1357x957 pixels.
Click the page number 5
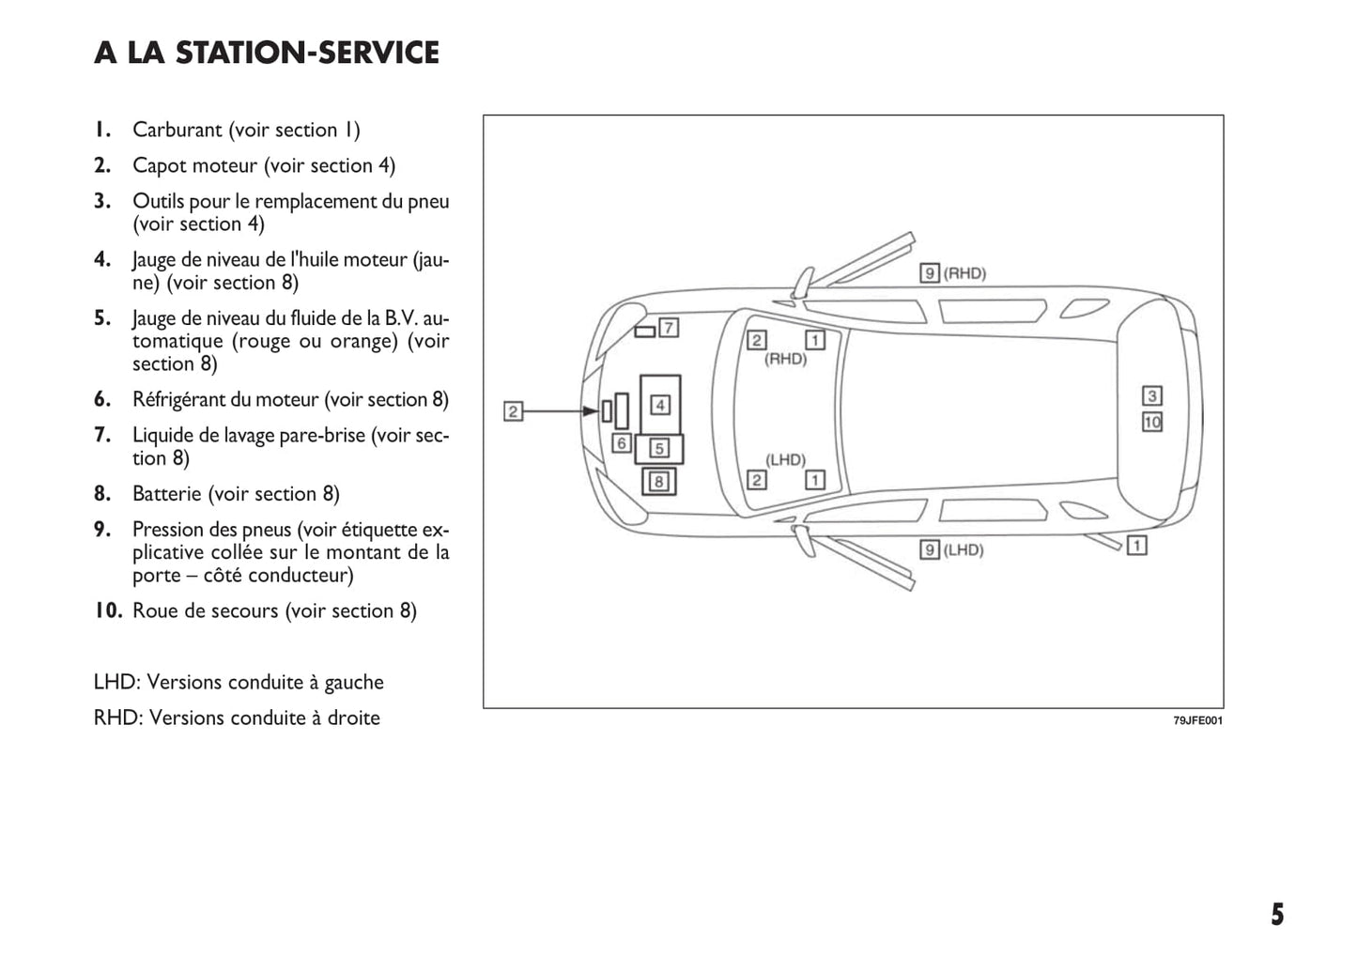pos(1277,915)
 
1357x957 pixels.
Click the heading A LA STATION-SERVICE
pos(267,53)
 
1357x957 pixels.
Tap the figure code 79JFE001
pos(1197,721)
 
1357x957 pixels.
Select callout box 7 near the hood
pos(669,328)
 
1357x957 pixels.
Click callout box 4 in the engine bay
pos(660,405)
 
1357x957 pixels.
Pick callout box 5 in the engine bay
pos(659,449)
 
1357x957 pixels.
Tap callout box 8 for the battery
pos(659,482)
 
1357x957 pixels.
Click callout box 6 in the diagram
pos(621,443)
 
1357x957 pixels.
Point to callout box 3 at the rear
pos(1152,396)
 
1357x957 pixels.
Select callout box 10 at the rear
pos(1152,423)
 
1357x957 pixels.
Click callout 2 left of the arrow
pos(513,411)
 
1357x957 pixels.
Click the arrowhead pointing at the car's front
pos(591,411)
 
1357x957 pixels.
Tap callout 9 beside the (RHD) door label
pos(930,273)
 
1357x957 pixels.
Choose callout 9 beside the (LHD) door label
pos(930,549)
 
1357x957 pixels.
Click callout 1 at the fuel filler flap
pos(1136,545)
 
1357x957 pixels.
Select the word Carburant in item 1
pos(177,130)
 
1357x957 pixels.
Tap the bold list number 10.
pos(108,610)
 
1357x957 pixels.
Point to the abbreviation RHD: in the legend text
pos(118,718)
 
